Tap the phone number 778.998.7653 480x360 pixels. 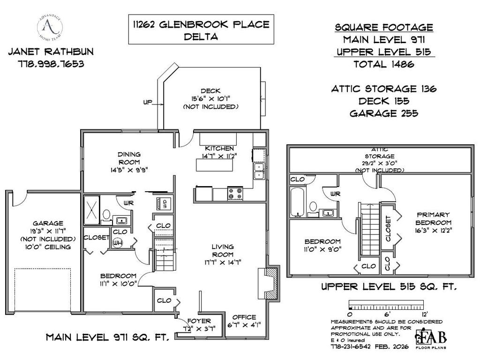coord(46,64)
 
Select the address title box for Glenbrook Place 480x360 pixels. coord(201,30)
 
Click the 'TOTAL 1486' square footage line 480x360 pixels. coord(384,64)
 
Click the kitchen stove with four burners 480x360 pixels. coord(235,194)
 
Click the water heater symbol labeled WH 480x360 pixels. coord(118,243)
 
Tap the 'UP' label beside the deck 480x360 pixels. coord(148,102)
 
